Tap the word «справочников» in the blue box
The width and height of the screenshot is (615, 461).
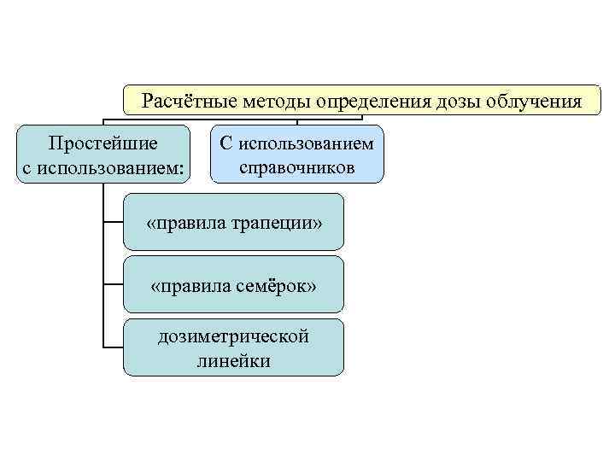(296, 167)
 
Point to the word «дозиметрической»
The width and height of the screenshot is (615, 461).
(233, 336)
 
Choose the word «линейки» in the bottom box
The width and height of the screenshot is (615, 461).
(233, 361)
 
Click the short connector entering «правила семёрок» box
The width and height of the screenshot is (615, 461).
(113, 284)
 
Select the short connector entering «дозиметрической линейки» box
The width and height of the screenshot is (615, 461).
(113, 347)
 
